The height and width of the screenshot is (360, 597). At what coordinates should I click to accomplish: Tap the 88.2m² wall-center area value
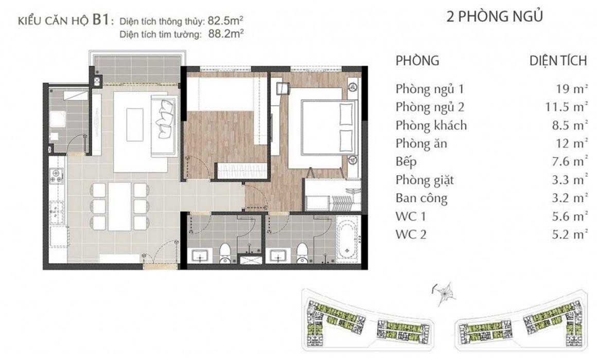click(226, 34)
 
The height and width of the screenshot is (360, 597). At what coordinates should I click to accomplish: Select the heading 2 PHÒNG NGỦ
click(494, 16)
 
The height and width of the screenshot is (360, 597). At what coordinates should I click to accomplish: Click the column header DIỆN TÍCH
click(558, 61)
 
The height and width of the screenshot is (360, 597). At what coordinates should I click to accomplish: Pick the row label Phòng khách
click(431, 125)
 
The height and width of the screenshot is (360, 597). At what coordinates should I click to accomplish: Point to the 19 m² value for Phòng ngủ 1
click(571, 89)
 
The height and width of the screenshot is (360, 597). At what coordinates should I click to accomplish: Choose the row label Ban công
click(422, 199)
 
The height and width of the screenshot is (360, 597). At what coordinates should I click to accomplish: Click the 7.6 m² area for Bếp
click(569, 161)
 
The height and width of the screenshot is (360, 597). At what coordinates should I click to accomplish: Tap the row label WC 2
click(411, 235)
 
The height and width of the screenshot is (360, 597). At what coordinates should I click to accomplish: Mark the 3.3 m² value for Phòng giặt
click(569, 179)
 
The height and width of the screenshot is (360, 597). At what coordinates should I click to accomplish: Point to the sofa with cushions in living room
click(165, 125)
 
